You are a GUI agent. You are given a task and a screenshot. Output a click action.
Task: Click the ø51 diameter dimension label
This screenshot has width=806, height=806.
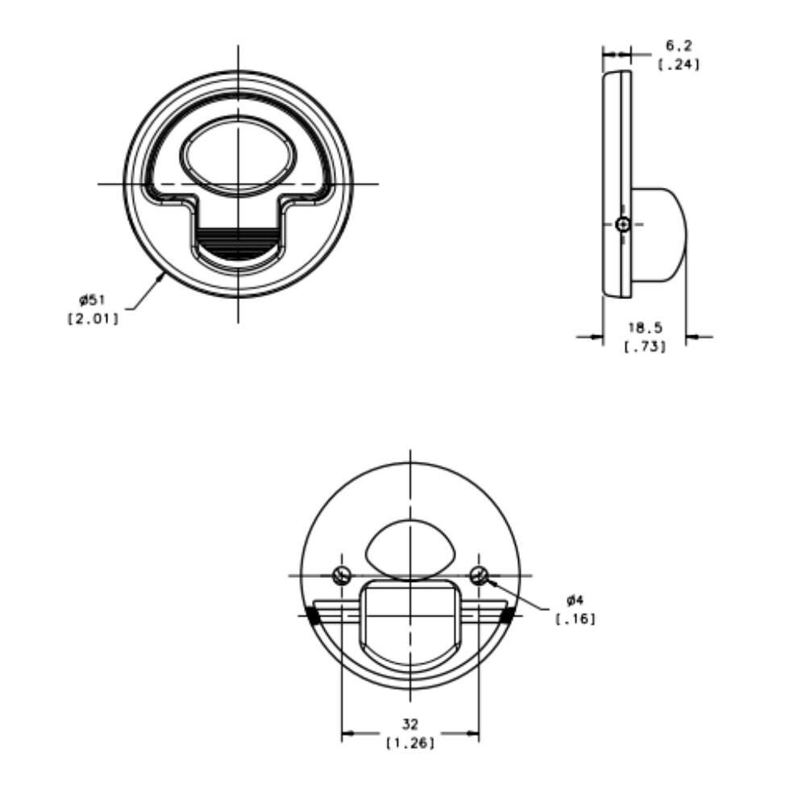(x=92, y=299)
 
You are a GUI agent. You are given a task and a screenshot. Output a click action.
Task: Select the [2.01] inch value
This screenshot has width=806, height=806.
(x=93, y=318)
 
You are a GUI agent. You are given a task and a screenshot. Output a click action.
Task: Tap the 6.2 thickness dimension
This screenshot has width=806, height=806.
(x=679, y=45)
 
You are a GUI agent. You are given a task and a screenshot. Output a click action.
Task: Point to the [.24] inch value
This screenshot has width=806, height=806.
(x=679, y=64)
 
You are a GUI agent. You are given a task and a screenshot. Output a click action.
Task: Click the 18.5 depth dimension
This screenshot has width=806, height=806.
(x=645, y=327)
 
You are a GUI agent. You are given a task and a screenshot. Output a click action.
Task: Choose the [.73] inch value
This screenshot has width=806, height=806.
(x=645, y=347)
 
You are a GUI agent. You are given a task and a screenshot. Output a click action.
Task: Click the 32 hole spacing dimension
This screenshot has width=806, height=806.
(x=410, y=725)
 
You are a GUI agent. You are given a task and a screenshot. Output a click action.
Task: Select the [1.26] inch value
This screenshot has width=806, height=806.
(x=410, y=743)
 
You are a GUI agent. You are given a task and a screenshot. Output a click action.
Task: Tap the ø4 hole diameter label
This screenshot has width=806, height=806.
(x=575, y=600)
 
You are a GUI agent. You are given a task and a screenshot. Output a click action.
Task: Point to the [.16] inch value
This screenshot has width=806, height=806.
(x=575, y=619)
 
